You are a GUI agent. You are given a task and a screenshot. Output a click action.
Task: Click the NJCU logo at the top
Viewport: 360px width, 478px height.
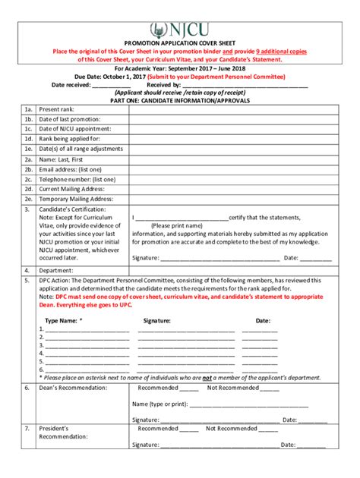pyautogui.click(x=179, y=30)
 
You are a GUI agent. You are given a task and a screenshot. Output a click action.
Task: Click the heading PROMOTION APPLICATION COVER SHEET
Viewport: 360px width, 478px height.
pyautogui.click(x=179, y=45)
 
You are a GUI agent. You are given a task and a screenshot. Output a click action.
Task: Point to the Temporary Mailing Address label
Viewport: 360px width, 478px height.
pyautogui.click(x=76, y=199)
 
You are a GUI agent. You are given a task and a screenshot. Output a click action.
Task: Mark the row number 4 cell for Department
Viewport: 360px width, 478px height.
pyautogui.click(x=27, y=269)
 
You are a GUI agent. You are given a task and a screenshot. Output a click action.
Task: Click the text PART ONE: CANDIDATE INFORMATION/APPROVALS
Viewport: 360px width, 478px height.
pyautogui.click(x=179, y=100)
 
